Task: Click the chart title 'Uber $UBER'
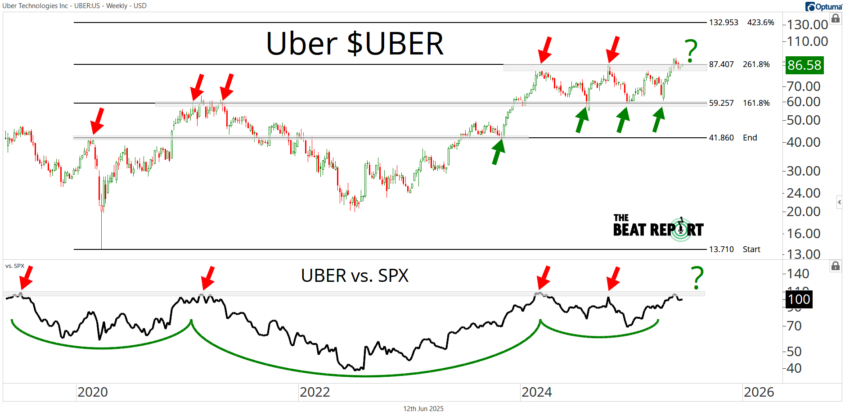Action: pyautogui.click(x=355, y=44)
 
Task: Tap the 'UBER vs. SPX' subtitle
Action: pyautogui.click(x=355, y=276)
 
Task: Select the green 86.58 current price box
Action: pyautogui.click(x=804, y=65)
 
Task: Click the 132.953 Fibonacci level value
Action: pyautogui.click(x=724, y=23)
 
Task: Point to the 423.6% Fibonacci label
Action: pyautogui.click(x=760, y=23)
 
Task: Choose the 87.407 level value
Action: pyautogui.click(x=721, y=64)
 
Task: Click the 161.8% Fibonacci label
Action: pyautogui.click(x=756, y=103)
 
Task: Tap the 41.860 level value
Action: pyautogui.click(x=721, y=138)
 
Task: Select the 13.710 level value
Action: pyautogui.click(x=721, y=249)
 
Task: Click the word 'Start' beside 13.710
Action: pyautogui.click(x=751, y=249)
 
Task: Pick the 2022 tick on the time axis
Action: pyautogui.click(x=315, y=392)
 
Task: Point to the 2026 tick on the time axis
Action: pyautogui.click(x=759, y=392)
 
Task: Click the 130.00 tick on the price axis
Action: pyautogui.click(x=807, y=24)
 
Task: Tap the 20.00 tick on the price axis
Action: pyautogui.click(x=804, y=211)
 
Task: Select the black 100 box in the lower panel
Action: pyautogui.click(x=799, y=299)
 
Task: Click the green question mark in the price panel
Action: pyautogui.click(x=691, y=50)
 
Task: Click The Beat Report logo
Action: pyautogui.click(x=658, y=227)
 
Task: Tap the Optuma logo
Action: pyautogui.click(x=824, y=6)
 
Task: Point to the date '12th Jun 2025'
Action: pyautogui.click(x=423, y=409)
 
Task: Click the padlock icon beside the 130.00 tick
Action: pyautogui.click(x=836, y=18)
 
